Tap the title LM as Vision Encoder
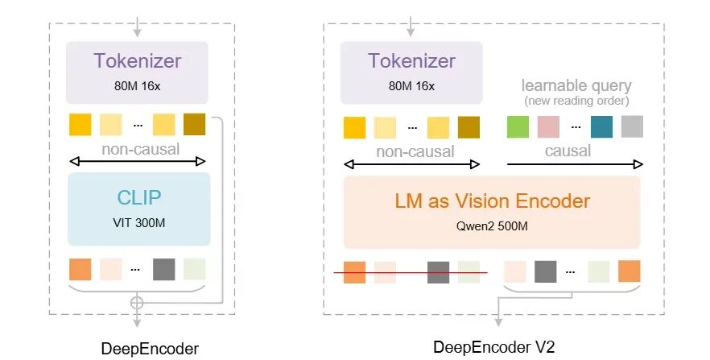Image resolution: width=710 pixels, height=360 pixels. pyautogui.click(x=491, y=201)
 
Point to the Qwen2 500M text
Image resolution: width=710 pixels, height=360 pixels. pyautogui.click(x=491, y=226)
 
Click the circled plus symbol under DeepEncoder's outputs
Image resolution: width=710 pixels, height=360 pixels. pyautogui.click(x=137, y=303)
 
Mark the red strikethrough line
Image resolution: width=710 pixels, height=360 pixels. pyautogui.click(x=411, y=274)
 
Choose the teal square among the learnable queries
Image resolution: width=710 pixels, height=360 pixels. pyautogui.click(x=601, y=127)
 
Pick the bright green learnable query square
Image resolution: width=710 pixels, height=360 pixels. pyautogui.click(x=518, y=127)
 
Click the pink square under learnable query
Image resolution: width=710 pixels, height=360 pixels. pyautogui.click(x=548, y=127)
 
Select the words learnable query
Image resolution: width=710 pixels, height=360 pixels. pyautogui.click(x=576, y=85)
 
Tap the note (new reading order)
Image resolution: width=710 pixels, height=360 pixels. pyautogui.click(x=576, y=101)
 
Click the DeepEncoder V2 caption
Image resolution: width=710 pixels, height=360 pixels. pyautogui.click(x=494, y=347)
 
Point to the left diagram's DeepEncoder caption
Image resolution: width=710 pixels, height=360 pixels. pyautogui.click(x=150, y=348)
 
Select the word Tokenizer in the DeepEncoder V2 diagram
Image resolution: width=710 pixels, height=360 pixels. pyautogui.click(x=411, y=61)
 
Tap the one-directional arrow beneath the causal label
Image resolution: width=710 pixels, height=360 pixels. pyautogui.click(x=575, y=165)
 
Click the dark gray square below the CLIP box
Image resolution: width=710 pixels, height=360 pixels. pyautogui.click(x=163, y=269)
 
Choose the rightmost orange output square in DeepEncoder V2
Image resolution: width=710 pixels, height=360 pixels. pyautogui.click(x=630, y=271)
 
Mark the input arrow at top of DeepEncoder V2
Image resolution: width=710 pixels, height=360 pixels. pyautogui.click(x=411, y=23)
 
